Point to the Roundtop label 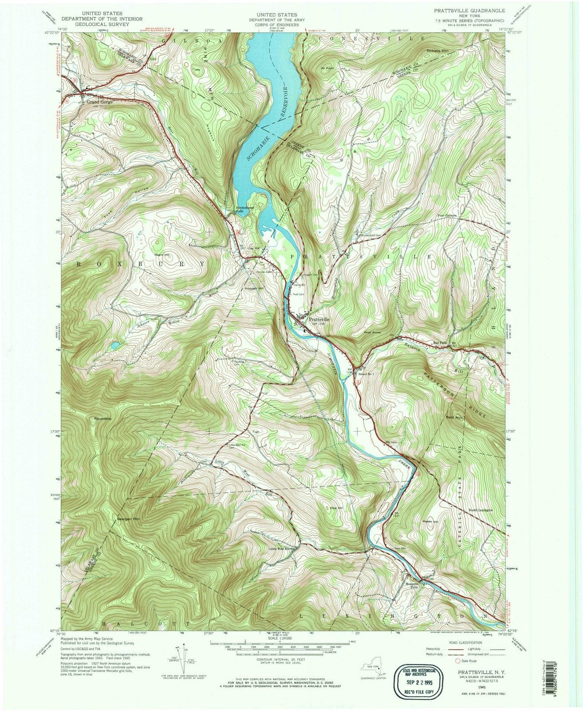click(102, 419)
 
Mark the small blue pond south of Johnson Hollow click(115, 344)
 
